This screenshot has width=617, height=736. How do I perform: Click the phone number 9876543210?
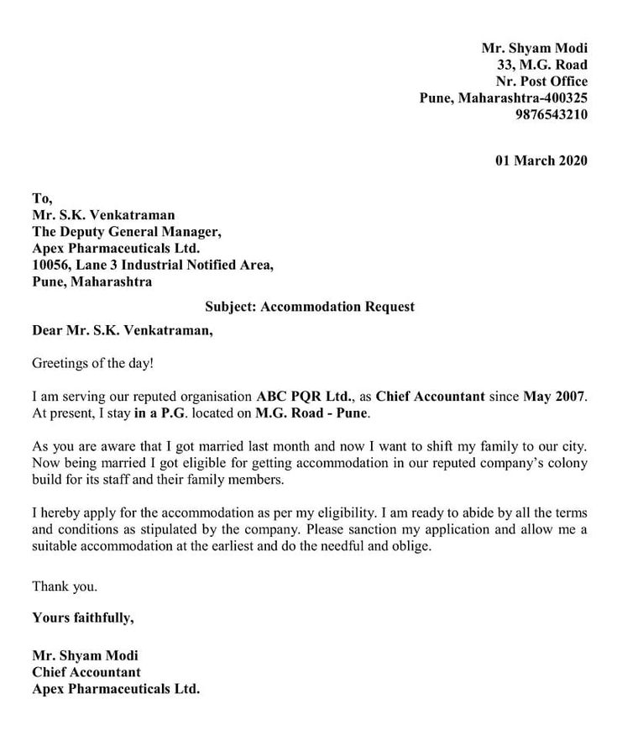552,114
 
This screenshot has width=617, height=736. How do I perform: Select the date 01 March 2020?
541,160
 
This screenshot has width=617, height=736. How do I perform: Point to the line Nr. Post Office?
541,81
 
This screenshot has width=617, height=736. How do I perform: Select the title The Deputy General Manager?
126,232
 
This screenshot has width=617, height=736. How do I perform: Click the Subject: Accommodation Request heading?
309,307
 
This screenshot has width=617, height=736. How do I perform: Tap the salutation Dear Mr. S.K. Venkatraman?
123,331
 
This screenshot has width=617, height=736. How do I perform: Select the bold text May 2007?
555,395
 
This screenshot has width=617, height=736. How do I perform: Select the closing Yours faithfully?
82,618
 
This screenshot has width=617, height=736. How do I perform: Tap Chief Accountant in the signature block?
86,672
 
